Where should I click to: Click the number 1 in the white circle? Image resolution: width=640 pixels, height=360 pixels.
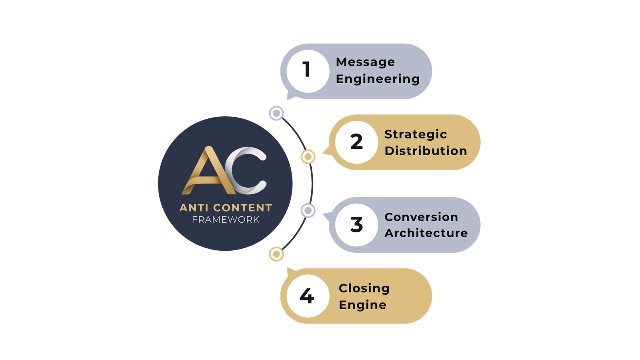coord(307,70)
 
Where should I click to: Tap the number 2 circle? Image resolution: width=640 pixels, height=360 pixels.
coord(356,142)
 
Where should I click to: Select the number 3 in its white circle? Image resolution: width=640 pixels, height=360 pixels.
coord(356,224)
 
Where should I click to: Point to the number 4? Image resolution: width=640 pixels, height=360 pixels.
coord(307,296)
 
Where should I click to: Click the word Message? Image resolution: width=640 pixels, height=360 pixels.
coord(365,62)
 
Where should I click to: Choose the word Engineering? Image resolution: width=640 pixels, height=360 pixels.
coord(378,79)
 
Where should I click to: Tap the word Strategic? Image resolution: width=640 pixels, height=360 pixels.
coord(416,134)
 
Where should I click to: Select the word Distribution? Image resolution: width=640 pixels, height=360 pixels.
coord(426,151)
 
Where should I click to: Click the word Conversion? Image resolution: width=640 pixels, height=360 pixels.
coord(421,217)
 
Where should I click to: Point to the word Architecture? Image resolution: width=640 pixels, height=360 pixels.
coord(426,233)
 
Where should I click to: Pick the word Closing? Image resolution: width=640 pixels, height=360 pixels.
coord(364,288)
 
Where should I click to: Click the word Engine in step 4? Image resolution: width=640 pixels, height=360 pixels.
coord(362,305)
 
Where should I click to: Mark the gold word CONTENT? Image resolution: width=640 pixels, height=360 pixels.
coord(242,208)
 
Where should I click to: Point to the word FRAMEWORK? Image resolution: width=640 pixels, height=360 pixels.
coord(226,220)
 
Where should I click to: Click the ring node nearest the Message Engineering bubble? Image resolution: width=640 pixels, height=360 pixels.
coord(276,113)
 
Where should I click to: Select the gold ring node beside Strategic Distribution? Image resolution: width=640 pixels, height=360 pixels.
coord(308,157)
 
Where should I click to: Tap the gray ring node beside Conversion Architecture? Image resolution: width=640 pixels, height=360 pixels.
coord(308,210)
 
